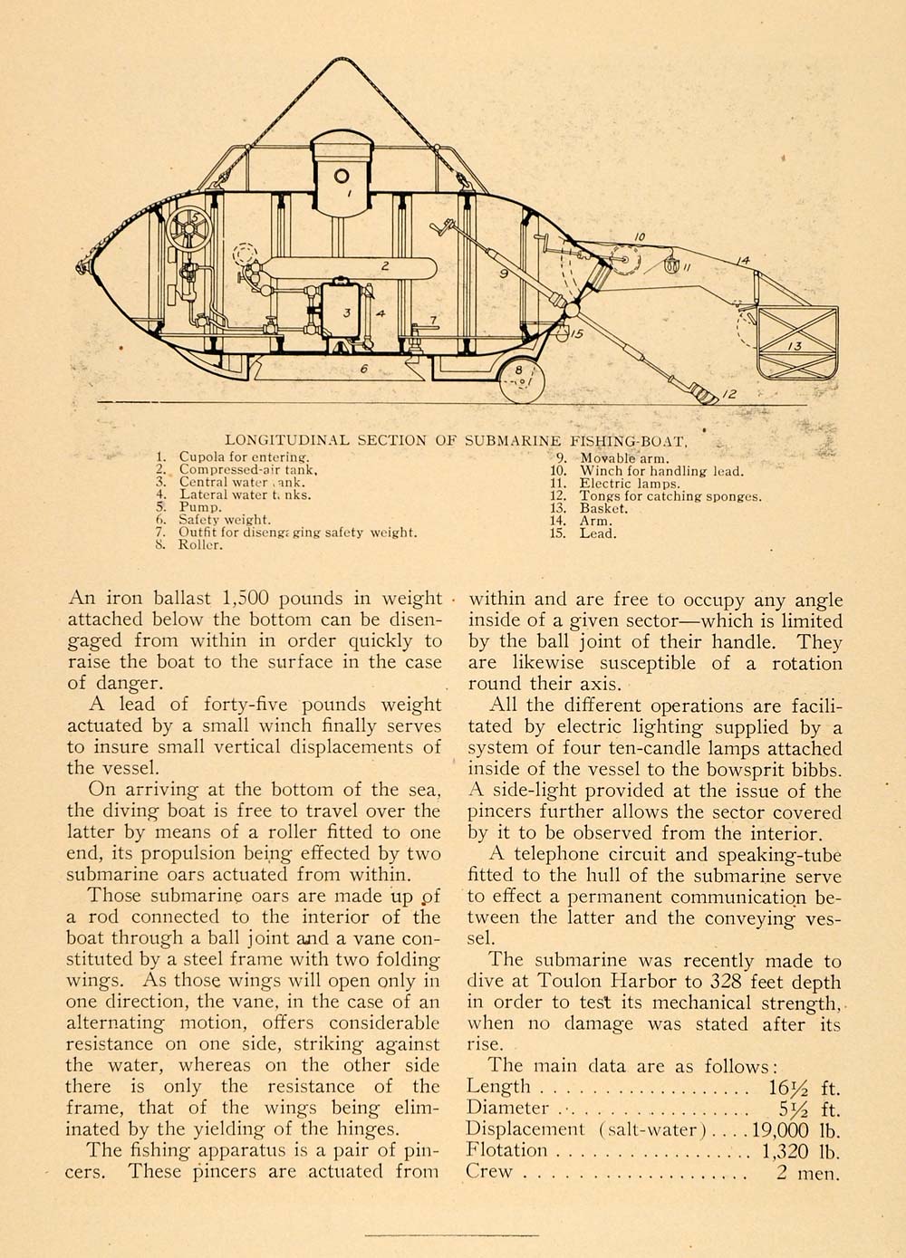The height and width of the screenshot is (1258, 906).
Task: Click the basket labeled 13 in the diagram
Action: [797, 342]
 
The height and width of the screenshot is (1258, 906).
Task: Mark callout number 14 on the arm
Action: [743, 262]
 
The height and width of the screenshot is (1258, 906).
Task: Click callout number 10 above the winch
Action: [639, 238]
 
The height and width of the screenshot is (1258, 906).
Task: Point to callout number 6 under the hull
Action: [364, 369]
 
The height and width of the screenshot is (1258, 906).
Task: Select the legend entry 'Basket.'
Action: [603, 508]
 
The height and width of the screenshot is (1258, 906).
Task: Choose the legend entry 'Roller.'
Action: [199, 545]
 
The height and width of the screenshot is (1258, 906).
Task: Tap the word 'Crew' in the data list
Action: [489, 1171]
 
